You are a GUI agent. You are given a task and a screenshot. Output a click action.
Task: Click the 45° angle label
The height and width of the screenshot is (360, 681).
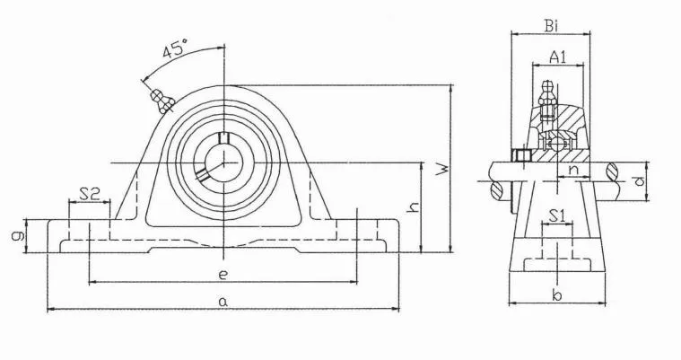(x=174, y=50)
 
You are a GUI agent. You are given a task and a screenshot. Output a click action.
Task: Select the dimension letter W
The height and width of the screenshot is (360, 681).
(x=441, y=169)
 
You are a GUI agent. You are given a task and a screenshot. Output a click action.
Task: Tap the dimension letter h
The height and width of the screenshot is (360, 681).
(x=412, y=207)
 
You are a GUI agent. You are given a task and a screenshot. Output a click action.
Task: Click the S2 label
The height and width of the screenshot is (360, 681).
(x=88, y=192)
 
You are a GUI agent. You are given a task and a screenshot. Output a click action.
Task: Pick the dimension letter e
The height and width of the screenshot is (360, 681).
(x=223, y=273)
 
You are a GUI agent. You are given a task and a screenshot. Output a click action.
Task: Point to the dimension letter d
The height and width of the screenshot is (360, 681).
(x=638, y=182)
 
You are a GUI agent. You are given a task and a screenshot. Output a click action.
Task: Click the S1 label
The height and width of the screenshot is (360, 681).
(x=556, y=215)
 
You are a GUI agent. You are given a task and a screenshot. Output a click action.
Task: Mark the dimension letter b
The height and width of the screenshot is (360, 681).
(x=555, y=295)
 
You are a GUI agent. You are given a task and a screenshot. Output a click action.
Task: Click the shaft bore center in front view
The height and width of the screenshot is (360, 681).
(x=223, y=162)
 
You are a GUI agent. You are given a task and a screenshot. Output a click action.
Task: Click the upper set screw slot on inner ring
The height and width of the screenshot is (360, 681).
(x=224, y=137)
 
